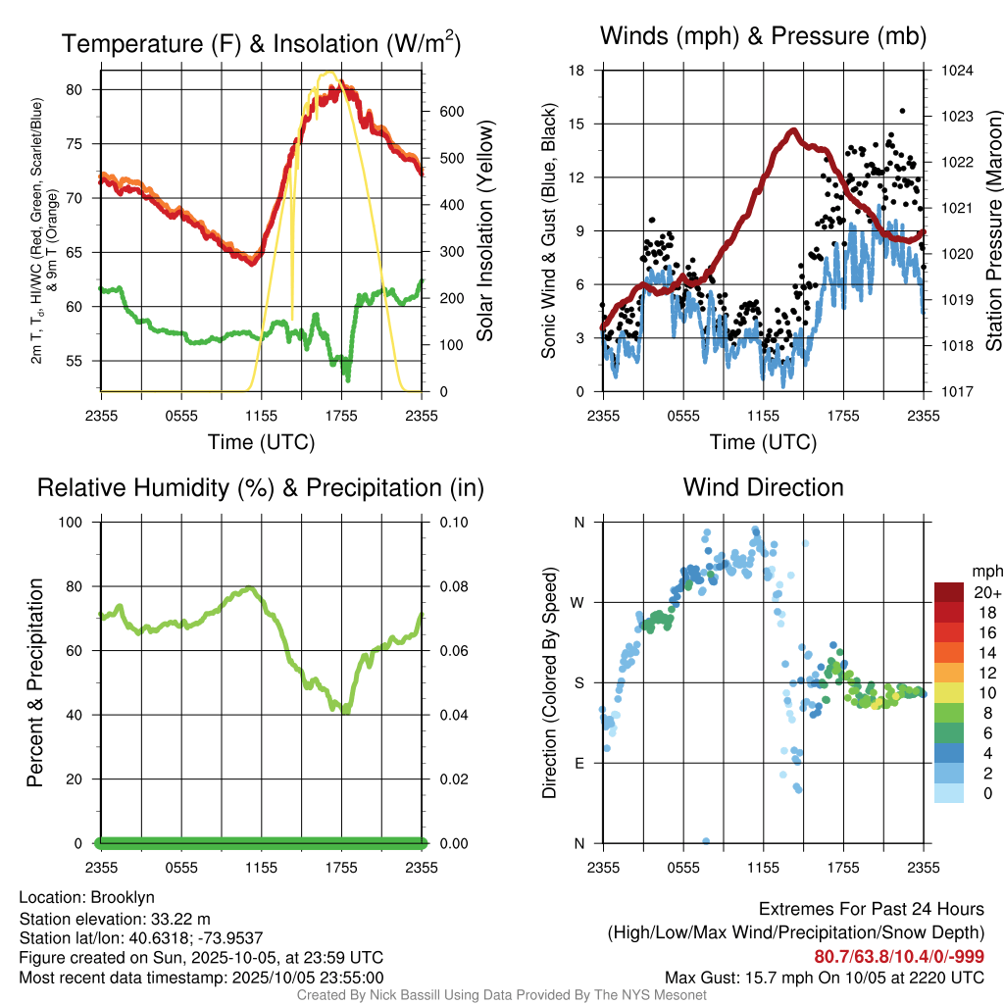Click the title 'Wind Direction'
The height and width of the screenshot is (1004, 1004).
(x=763, y=487)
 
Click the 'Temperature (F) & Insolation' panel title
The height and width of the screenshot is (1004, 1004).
(x=261, y=43)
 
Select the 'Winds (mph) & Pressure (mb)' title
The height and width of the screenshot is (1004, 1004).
(x=763, y=37)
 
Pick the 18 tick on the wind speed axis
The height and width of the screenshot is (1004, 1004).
(x=577, y=71)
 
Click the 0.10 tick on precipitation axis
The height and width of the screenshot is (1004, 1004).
(x=451, y=522)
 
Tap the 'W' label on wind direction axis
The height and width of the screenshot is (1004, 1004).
(x=578, y=602)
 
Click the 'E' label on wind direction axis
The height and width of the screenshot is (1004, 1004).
(x=579, y=763)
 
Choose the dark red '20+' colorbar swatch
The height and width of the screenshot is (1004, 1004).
(x=948, y=592)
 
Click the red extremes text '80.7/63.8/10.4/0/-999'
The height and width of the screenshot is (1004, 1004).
(x=899, y=957)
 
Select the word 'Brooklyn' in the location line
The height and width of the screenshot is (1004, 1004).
(x=123, y=897)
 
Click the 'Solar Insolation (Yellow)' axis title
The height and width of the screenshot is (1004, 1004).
(x=485, y=231)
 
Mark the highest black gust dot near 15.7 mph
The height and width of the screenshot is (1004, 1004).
(x=902, y=112)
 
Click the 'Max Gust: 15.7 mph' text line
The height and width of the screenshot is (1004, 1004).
(x=824, y=978)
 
